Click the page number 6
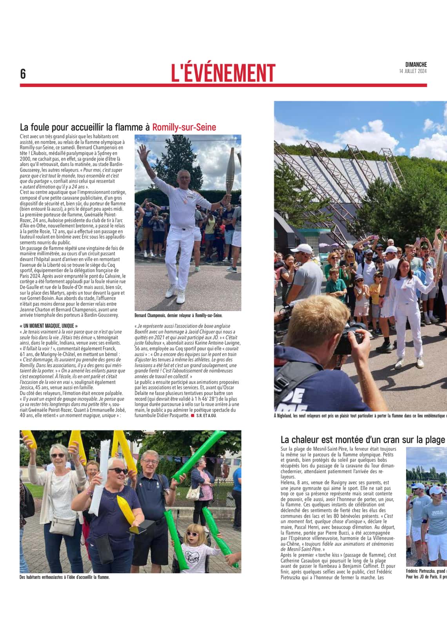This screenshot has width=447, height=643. coord(23,74)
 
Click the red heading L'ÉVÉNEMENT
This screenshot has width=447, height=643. coord(223,73)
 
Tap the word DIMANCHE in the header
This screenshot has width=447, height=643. coord(416,65)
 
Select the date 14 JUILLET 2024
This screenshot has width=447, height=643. coord(413,71)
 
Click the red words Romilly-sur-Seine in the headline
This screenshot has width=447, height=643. coord(184,127)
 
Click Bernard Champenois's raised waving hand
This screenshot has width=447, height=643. coord(143,152)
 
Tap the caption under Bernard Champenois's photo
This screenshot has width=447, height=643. coord(178,315)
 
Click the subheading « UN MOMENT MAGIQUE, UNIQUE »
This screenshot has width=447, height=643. coord(49,326)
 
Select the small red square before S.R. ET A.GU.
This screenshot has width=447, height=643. coord(193,415)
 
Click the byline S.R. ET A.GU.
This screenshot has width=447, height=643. coord(206,415)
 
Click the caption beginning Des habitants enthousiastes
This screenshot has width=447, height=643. coord(65,577)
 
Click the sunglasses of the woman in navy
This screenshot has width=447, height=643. coord(118,470)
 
